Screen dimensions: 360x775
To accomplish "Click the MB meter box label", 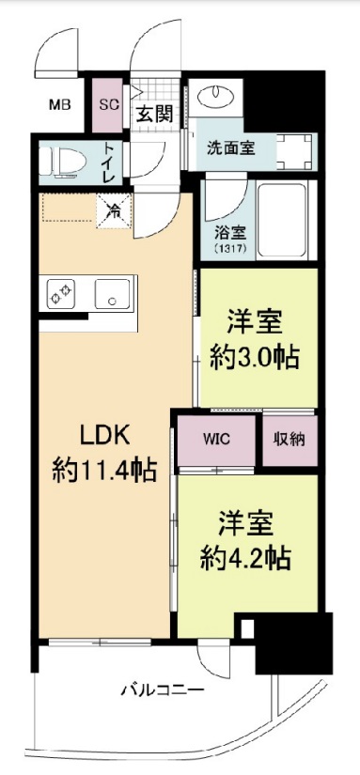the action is coord(60,105).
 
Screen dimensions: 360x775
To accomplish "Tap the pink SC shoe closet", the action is coord(108,105).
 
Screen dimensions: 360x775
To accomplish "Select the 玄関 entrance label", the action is coord(155,115).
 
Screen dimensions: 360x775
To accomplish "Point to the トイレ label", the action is coord(109,163).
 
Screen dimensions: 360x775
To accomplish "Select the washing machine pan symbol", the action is coord(294,150).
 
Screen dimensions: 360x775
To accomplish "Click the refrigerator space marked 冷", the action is coord(115,211).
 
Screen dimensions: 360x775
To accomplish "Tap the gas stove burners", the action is coord(61,294).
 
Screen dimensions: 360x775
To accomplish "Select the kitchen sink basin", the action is coord(113,294).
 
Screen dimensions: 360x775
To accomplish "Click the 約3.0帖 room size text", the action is coord(255,356).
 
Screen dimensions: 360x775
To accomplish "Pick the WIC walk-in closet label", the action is coord(216,439).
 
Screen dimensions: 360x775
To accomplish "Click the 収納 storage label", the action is coord(290,440).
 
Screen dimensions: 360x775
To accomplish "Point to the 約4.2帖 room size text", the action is coord(245,559).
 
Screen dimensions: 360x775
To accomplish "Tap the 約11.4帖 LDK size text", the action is coord(104,470).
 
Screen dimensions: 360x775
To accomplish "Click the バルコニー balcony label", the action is coord(163,690).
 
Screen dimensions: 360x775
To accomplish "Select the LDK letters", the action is coord(105,436).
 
